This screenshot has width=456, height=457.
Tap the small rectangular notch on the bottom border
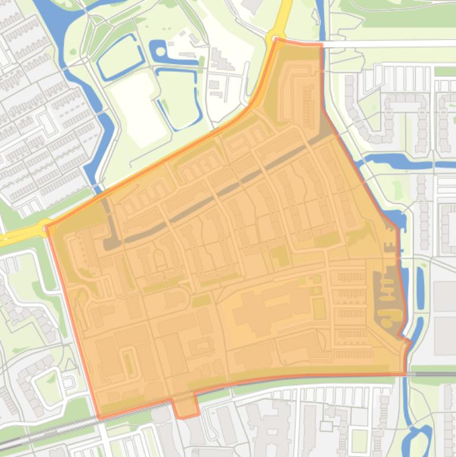(186, 407)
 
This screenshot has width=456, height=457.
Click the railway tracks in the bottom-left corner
(36, 436)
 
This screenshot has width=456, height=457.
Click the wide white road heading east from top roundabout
(385, 45)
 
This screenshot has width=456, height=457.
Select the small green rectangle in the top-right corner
(445, 71)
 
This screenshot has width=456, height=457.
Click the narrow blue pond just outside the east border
(420, 280)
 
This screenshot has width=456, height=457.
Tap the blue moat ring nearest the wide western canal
(120, 57)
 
